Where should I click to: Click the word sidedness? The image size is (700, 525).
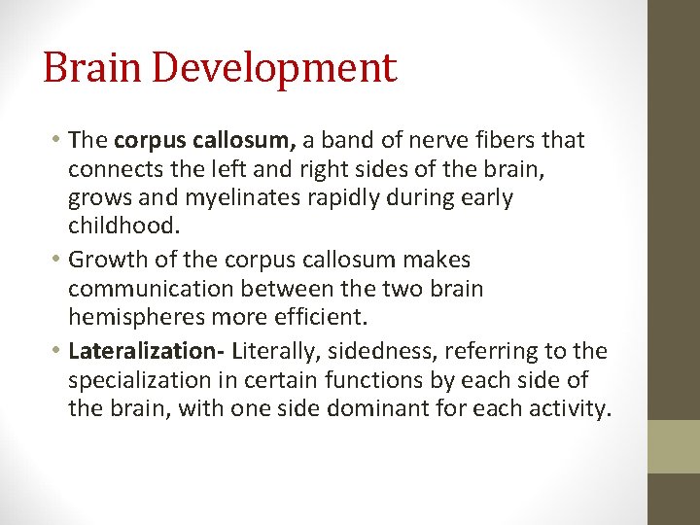389,351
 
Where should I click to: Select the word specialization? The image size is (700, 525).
145,379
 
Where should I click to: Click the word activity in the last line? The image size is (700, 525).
568,407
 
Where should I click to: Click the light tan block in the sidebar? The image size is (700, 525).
674,446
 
